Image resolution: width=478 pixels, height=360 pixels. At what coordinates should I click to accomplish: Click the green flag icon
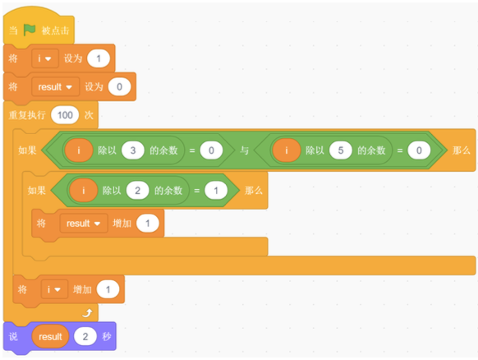[30, 30]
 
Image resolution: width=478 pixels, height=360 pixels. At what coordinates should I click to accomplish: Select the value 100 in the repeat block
[65, 115]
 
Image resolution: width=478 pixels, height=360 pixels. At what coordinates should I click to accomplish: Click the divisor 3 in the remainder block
[133, 150]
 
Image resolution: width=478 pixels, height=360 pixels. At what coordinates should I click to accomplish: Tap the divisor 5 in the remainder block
[341, 150]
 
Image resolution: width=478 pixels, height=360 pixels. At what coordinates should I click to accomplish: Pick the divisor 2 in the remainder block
[137, 191]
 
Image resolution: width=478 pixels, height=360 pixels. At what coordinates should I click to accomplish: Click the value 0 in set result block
[120, 87]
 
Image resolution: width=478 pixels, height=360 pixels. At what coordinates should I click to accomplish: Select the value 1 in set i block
[99, 58]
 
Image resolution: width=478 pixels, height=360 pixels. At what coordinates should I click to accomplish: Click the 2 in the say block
[85, 336]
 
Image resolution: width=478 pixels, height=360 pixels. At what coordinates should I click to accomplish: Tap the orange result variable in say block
[50, 336]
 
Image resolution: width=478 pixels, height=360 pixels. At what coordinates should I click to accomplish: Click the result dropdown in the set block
[55, 87]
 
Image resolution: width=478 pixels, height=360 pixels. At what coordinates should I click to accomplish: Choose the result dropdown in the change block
[84, 224]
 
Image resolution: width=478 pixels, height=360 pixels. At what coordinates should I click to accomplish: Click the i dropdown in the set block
[45, 58]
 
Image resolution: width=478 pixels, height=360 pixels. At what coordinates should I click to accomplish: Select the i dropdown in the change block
[54, 289]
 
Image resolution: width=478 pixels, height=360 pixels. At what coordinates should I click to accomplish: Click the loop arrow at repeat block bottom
[88, 313]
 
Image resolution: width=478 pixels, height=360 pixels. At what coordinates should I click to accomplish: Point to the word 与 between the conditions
[244, 150]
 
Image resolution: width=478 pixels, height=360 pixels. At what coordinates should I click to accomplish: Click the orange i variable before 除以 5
[287, 150]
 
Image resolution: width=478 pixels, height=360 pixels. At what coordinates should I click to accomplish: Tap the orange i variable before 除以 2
[83, 191]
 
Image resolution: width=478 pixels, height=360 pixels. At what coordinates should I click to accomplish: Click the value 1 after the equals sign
[216, 191]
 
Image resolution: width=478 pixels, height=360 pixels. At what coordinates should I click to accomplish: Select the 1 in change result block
[148, 224]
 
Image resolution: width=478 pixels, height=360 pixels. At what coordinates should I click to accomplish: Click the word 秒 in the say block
[107, 336]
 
